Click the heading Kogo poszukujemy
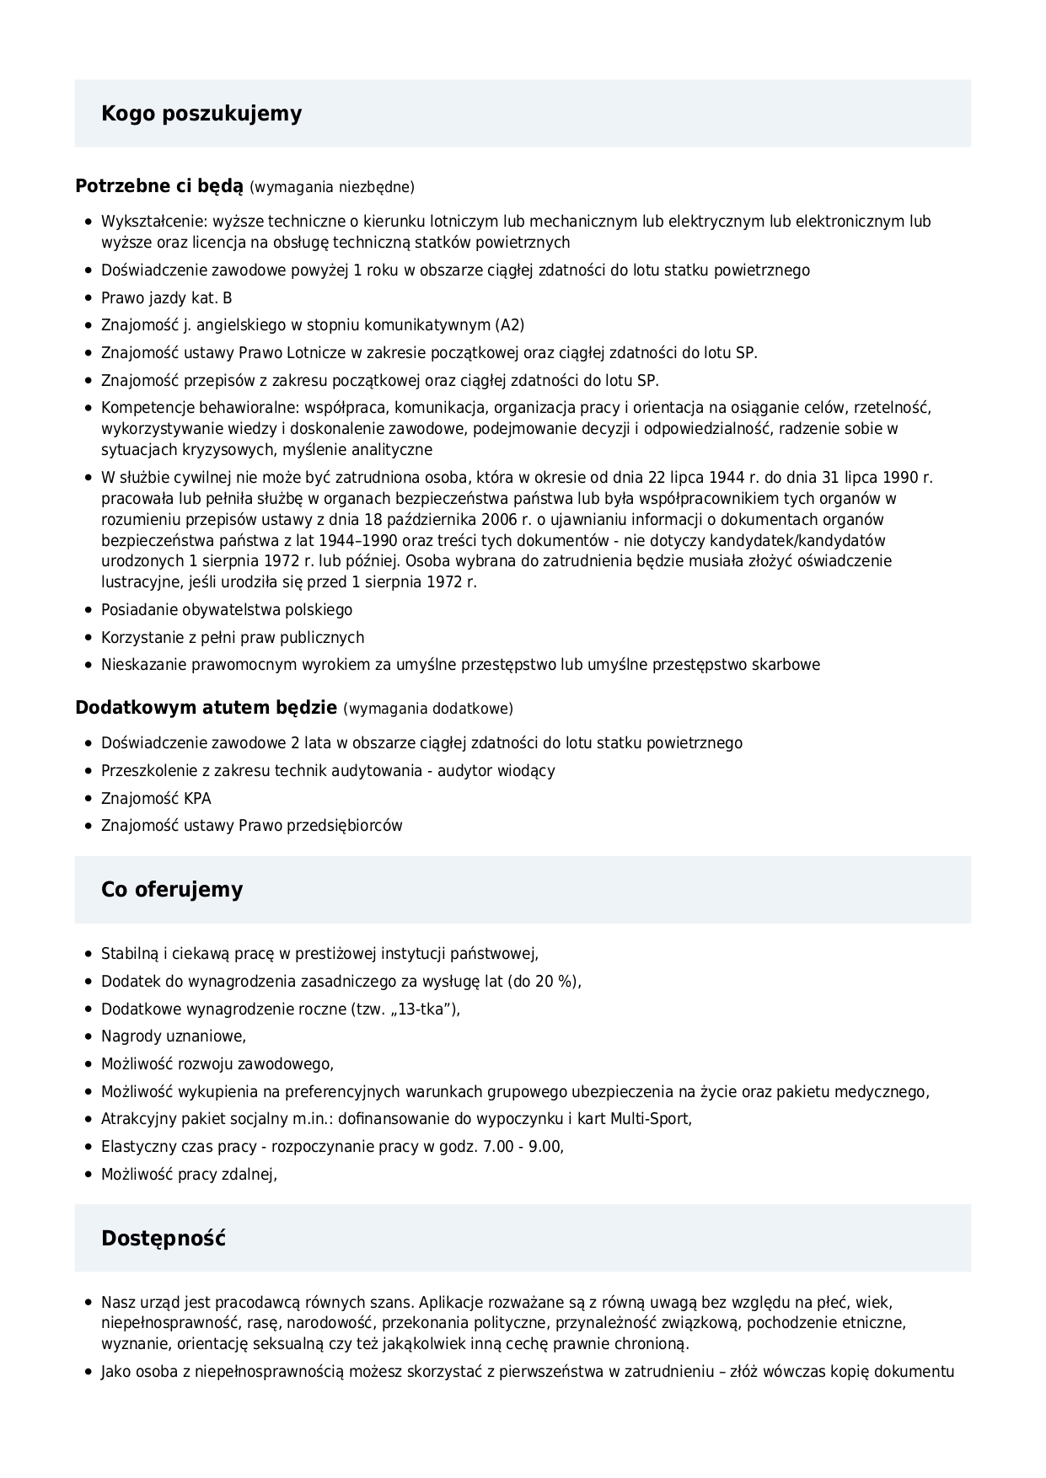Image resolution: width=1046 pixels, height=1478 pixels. [201, 114]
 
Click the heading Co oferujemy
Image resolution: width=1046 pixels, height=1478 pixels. [172, 890]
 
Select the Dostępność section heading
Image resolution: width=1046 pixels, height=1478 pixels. [164, 1239]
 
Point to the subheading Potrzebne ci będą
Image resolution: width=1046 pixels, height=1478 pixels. [159, 186]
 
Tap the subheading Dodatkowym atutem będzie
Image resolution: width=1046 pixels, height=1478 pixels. [207, 708]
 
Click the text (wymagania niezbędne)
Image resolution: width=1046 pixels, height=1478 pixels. [332, 187]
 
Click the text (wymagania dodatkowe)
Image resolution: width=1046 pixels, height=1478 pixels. [428, 709]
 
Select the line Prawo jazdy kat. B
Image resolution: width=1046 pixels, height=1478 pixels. [167, 298]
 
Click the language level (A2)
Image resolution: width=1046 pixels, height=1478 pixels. [510, 325]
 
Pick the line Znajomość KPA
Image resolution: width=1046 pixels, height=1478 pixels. [156, 798]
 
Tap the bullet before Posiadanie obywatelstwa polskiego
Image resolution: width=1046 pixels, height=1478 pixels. [89, 610]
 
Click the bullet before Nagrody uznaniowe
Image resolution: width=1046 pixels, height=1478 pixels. [89, 1036]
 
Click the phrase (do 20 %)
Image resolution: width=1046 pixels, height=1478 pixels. [543, 981]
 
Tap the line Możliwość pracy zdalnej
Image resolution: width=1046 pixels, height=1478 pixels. [189, 1174]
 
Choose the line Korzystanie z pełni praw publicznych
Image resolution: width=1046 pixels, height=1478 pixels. [233, 637]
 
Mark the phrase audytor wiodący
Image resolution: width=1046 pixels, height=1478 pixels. [496, 770]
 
